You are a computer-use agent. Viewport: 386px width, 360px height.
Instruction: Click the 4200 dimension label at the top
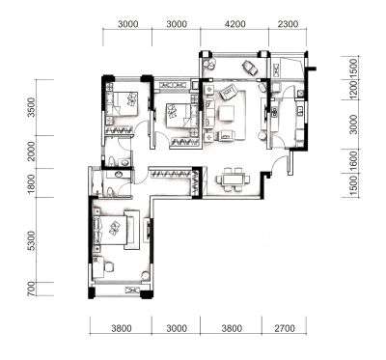[234, 24]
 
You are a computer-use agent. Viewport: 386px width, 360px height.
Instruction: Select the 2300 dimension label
[288, 24]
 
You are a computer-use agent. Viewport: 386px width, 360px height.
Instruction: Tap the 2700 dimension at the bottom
[284, 328]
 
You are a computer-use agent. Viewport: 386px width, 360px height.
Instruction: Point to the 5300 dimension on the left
[31, 240]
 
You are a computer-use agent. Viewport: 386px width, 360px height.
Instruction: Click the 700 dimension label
[31, 289]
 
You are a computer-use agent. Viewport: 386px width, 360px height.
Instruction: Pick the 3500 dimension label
[31, 107]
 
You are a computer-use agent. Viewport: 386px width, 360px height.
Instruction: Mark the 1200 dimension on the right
[353, 90]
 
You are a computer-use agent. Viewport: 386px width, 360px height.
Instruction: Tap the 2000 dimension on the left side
[31, 152]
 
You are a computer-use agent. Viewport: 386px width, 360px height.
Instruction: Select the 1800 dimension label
[31, 183]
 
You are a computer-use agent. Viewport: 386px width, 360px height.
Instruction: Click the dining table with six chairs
[233, 180]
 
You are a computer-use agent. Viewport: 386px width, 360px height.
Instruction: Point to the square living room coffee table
[227, 114]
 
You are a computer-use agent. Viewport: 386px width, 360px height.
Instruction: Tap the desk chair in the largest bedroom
[109, 266]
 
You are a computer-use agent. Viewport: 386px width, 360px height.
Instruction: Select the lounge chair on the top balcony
[250, 67]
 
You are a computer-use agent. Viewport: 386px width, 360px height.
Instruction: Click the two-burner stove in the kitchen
[274, 112]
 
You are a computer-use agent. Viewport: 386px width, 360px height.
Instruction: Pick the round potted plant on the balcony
[208, 64]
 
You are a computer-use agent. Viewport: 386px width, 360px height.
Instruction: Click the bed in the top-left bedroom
[123, 103]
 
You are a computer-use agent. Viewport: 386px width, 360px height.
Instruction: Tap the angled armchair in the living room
[228, 93]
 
